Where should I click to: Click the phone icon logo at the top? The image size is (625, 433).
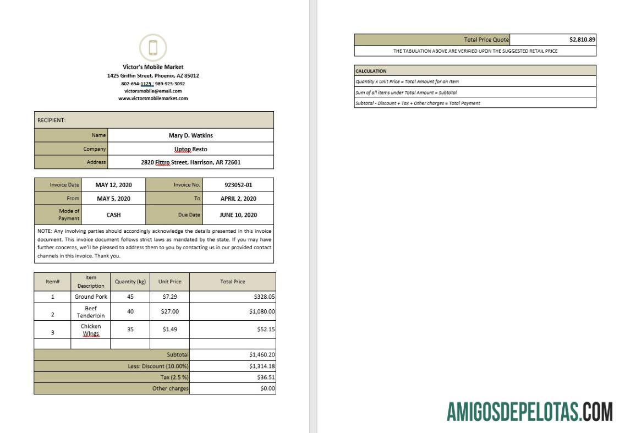tap(153, 47)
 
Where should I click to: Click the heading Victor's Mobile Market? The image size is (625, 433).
tap(153, 67)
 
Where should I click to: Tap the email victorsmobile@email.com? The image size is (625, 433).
tap(153, 91)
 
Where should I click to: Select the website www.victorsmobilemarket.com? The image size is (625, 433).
tap(153, 98)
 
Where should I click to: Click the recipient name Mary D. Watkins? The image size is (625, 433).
tap(190, 135)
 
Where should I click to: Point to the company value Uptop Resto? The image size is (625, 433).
tap(190, 149)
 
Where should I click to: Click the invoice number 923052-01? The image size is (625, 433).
tap(238, 185)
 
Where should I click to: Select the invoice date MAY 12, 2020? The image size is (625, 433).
tap(113, 185)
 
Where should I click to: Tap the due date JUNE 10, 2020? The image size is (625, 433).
tap(238, 215)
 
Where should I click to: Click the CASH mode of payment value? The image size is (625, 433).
tap(113, 215)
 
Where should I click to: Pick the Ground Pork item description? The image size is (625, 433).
tap(91, 297)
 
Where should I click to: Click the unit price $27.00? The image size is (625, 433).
tap(169, 311)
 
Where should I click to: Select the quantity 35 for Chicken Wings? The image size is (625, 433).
tap(130, 330)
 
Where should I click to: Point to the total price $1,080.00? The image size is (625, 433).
tap(262, 311)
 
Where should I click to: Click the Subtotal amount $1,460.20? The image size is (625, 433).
tap(262, 355)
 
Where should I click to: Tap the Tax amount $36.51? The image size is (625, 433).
tap(266, 377)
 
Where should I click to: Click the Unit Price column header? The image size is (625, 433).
tap(169, 282)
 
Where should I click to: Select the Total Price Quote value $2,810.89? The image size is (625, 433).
tap(582, 40)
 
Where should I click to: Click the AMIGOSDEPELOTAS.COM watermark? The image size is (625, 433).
tap(529, 412)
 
